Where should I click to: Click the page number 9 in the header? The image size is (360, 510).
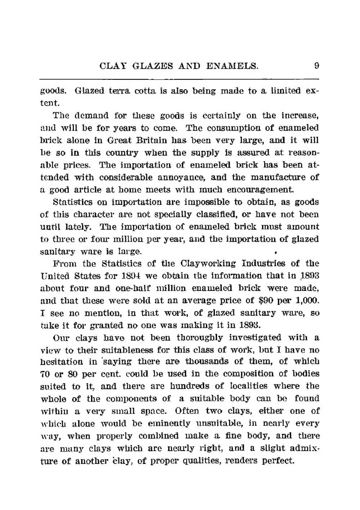coord(316,66)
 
